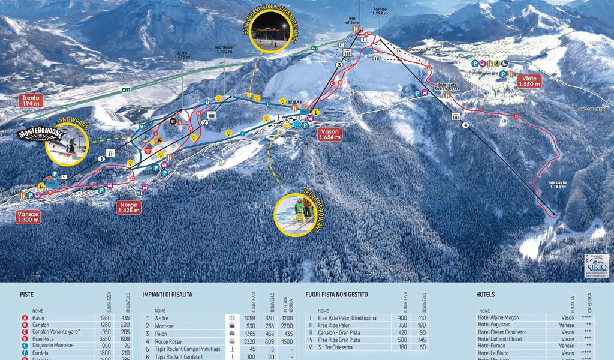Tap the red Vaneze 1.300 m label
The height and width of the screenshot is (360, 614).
tap(28, 217)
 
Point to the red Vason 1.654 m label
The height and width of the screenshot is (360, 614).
tap(330, 133)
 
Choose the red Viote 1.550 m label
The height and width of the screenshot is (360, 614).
tap(529, 81)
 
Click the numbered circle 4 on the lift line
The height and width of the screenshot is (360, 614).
tap(465, 126)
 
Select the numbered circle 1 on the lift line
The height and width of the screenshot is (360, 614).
tap(101, 159)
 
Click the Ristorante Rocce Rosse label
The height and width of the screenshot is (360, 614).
tap(452, 87)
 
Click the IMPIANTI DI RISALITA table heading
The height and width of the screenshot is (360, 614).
tap(167, 295)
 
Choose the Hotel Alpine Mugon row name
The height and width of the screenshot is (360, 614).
tap(498, 317)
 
